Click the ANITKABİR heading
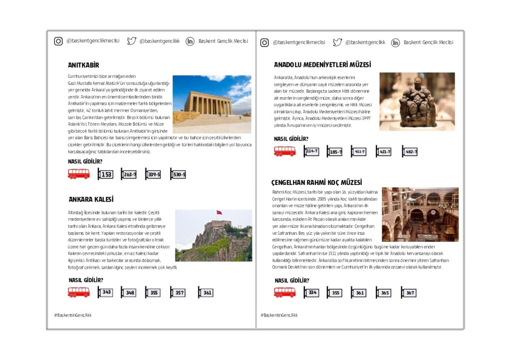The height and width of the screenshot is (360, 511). pyautogui.click(x=83, y=65)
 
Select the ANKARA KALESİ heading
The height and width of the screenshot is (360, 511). pyautogui.click(x=91, y=199)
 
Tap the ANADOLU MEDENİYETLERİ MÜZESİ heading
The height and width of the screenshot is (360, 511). pyautogui.click(x=322, y=65)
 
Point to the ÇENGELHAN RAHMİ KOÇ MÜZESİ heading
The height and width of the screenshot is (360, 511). pyautogui.click(x=316, y=182)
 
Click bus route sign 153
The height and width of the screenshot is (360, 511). pyautogui.click(x=105, y=175)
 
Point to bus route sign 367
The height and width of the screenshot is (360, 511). pyautogui.click(x=409, y=293)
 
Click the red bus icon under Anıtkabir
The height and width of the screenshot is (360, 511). pyautogui.click(x=79, y=174)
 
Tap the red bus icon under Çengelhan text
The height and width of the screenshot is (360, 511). pyautogui.click(x=285, y=293)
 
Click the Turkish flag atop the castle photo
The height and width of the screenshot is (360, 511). pyautogui.click(x=219, y=213)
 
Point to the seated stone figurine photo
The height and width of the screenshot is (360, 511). pyautogui.click(x=417, y=102)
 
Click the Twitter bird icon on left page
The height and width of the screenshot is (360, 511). pyautogui.click(x=131, y=41)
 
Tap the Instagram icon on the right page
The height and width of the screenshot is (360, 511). pyautogui.click(x=264, y=43)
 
